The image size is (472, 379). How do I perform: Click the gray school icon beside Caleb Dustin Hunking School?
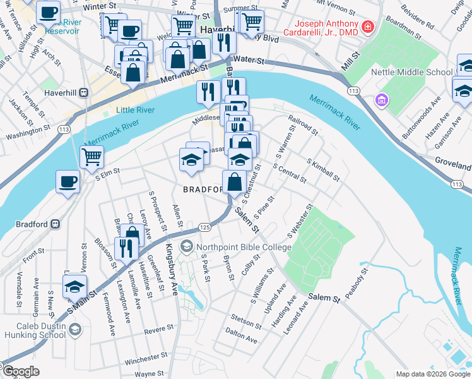[75, 329]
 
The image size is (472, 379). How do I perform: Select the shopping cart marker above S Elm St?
[92, 155]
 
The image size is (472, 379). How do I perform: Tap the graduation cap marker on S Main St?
[75, 287]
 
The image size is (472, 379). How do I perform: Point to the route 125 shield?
[204, 227]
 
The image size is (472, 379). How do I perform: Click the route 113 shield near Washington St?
[63, 129]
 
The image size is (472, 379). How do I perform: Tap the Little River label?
[135, 110]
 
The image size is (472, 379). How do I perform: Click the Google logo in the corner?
[20, 371]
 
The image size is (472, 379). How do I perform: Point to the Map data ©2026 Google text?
[433, 374]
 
